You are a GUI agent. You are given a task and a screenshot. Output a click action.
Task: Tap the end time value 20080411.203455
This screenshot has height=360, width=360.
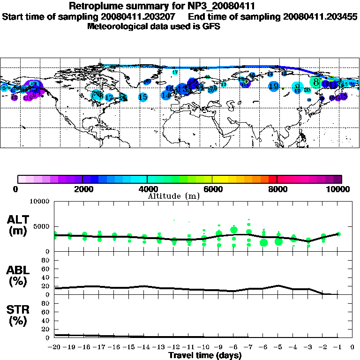320,16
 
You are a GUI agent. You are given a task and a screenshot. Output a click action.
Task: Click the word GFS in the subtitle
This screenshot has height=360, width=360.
212,26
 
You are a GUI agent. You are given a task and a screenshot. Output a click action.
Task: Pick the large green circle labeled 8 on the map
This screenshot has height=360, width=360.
316,82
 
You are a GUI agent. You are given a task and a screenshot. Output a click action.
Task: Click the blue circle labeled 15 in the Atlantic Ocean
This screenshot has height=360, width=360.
143,97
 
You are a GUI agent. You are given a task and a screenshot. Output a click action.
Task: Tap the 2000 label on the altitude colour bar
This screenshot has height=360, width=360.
82,189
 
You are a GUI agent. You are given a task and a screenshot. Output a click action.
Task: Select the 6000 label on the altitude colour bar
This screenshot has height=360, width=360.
212,189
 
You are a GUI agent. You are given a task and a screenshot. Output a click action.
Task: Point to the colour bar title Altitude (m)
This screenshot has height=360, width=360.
174,195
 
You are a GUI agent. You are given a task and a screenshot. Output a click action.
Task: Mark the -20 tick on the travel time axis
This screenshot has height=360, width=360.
54,347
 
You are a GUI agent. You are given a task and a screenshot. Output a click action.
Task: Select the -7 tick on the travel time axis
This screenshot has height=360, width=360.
248,347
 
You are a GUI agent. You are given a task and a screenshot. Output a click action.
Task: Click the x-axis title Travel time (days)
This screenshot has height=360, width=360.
205,355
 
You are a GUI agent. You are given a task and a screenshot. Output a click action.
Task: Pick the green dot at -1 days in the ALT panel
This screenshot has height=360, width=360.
338,234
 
